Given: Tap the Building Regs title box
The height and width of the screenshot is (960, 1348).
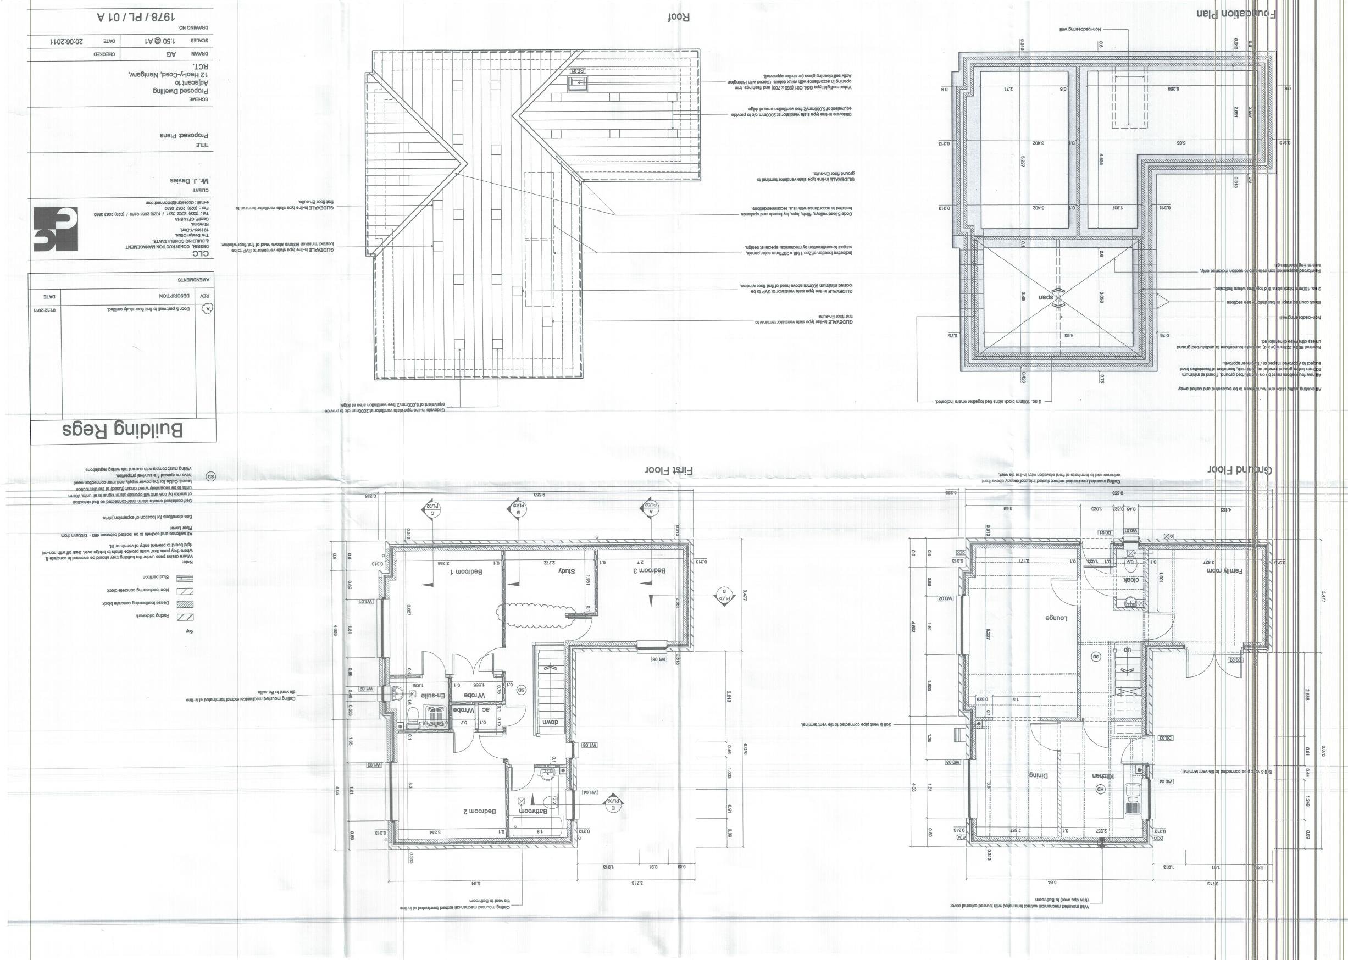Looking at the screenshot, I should [123, 430].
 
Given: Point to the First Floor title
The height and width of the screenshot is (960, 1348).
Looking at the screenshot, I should [669, 470].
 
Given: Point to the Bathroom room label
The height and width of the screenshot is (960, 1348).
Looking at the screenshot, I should [533, 812].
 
